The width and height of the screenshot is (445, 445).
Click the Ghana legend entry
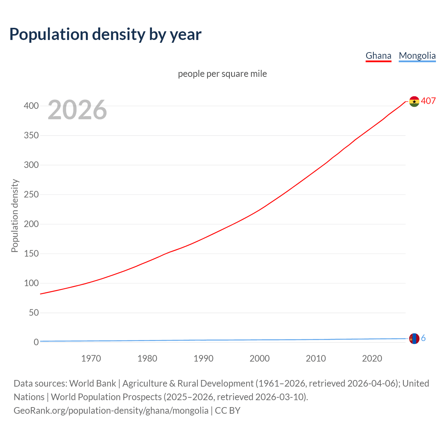378,56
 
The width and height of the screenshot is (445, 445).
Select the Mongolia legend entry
417,56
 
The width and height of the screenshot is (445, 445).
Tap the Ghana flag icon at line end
414,102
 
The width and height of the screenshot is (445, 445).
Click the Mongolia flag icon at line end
414,338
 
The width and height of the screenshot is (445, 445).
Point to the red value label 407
428,101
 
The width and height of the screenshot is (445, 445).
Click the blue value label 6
423,338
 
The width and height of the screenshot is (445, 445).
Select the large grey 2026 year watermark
77,110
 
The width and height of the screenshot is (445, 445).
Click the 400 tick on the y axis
31,106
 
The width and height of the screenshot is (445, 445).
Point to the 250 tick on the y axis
31,194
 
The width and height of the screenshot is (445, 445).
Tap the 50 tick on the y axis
34,313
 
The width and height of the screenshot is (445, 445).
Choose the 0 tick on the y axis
36,342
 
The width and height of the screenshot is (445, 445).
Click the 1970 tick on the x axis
91,358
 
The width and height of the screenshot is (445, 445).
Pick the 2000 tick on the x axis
260,358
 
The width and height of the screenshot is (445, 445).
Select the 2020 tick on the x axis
372,358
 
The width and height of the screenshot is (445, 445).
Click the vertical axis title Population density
15,216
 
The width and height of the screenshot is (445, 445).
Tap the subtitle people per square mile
222,74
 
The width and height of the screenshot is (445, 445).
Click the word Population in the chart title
49,34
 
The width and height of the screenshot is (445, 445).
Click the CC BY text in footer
228,411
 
